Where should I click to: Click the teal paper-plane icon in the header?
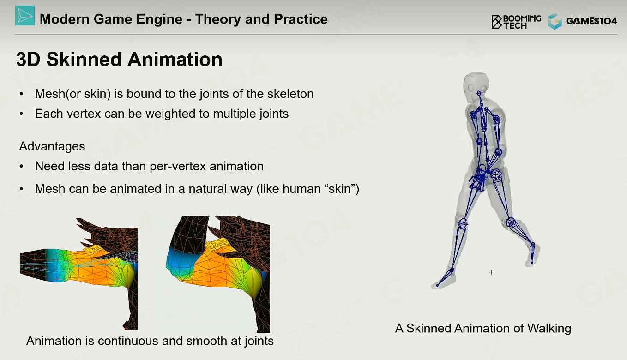[25, 15]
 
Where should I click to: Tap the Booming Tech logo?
[516, 22]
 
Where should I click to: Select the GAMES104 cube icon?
[555, 22]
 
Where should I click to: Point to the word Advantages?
[52, 146]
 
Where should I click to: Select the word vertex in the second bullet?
[84, 114]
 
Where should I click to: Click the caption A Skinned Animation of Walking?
[483, 329]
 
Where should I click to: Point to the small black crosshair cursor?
[492, 272]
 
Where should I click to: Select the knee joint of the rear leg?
[511, 222]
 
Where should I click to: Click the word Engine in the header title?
[159, 19]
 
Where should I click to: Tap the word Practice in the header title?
[301, 19]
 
